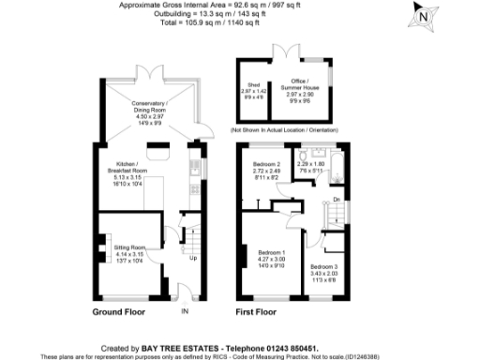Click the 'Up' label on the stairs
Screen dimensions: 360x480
click(193, 258)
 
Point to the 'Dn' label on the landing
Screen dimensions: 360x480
click(336, 199)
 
